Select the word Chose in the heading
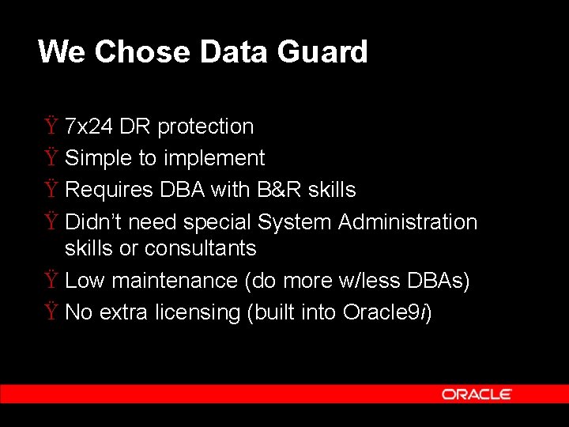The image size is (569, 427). click(146, 52)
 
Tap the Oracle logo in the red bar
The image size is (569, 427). click(476, 394)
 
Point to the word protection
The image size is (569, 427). click(205, 127)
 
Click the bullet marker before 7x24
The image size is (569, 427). click(51, 127)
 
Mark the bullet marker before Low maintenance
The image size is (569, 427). click(51, 281)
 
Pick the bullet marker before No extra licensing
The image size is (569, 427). click(51, 312)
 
